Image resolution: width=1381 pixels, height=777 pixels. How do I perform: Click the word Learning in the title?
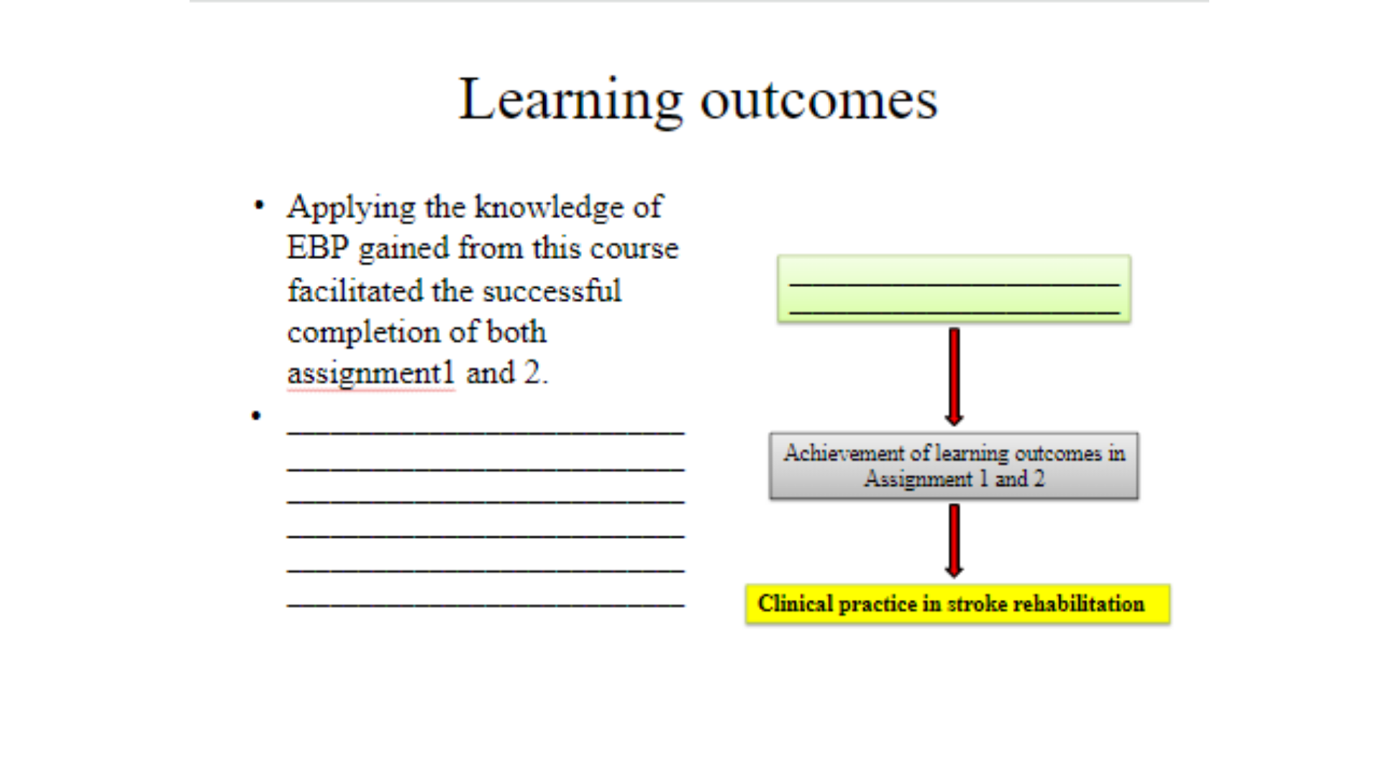click(570, 101)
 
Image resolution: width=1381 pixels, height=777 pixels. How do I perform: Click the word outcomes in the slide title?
click(819, 101)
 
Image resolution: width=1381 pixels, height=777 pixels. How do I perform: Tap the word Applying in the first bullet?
click(351, 208)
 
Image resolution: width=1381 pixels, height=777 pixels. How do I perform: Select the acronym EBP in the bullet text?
click(318, 247)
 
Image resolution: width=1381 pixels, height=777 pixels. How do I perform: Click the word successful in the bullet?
click(552, 291)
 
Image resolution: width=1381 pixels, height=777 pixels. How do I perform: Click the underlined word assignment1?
click(371, 373)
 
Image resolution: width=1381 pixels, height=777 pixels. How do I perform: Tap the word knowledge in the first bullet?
click(549, 207)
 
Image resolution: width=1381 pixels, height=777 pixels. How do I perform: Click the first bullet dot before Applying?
click(259, 206)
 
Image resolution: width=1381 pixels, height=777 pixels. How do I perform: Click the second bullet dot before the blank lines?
click(256, 415)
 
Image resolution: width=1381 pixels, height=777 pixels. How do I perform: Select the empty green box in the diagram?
click(954, 288)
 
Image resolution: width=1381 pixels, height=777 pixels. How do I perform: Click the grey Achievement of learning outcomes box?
click(954, 465)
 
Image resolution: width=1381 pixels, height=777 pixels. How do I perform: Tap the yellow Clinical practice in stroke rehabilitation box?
click(957, 604)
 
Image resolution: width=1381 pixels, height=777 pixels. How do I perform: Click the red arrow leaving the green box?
click(954, 377)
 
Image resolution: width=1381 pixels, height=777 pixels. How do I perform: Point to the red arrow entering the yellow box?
click(954, 541)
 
